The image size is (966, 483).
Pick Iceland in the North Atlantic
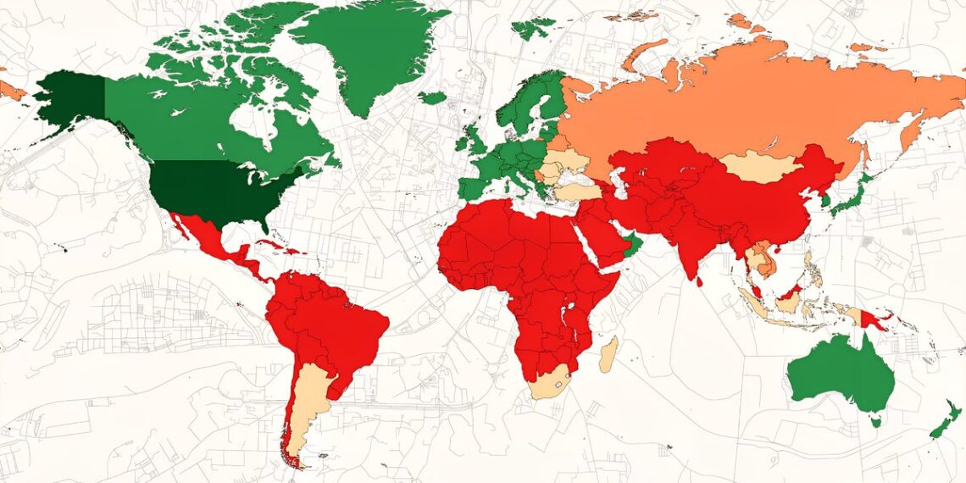[x=431, y=98]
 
